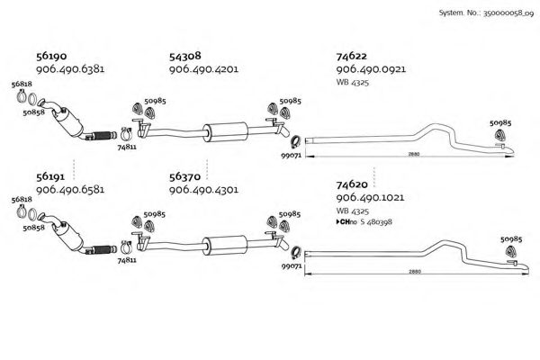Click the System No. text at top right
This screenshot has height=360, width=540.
(486, 13)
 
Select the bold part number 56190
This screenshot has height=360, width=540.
(51, 56)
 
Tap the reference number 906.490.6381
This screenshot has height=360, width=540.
(70, 69)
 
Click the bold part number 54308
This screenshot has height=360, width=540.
(184, 56)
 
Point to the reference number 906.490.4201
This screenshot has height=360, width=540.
(203, 69)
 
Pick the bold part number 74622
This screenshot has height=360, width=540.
(352, 56)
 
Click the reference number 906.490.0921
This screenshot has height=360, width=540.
(371, 69)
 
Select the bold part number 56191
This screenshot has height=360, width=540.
(50, 176)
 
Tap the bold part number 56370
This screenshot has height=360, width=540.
(184, 176)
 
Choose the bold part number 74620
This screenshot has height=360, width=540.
(352, 184)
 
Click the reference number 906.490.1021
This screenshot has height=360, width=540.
(370, 197)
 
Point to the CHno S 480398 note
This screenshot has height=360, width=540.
(364, 222)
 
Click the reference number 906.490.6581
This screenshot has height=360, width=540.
(70, 190)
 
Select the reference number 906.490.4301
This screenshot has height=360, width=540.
(203, 190)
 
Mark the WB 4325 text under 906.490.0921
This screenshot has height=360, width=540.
(352, 83)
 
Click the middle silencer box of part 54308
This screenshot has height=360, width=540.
(226, 131)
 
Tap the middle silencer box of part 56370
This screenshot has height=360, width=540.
(225, 246)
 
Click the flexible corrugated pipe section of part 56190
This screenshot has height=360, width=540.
(103, 135)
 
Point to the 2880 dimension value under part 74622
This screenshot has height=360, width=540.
(414, 154)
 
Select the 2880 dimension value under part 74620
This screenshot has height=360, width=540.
(415, 272)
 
